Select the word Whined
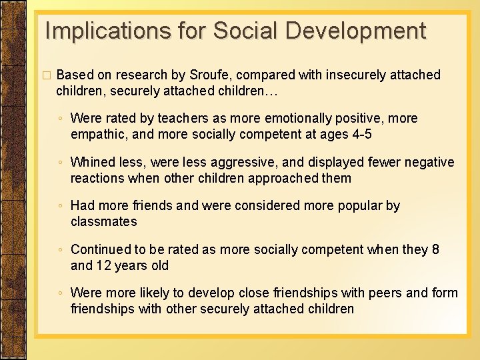click(x=93, y=162)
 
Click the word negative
click(x=427, y=162)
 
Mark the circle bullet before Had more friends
click(x=60, y=206)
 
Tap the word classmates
click(x=103, y=222)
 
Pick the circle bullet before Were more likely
click(x=60, y=293)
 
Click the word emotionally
click(x=300, y=119)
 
